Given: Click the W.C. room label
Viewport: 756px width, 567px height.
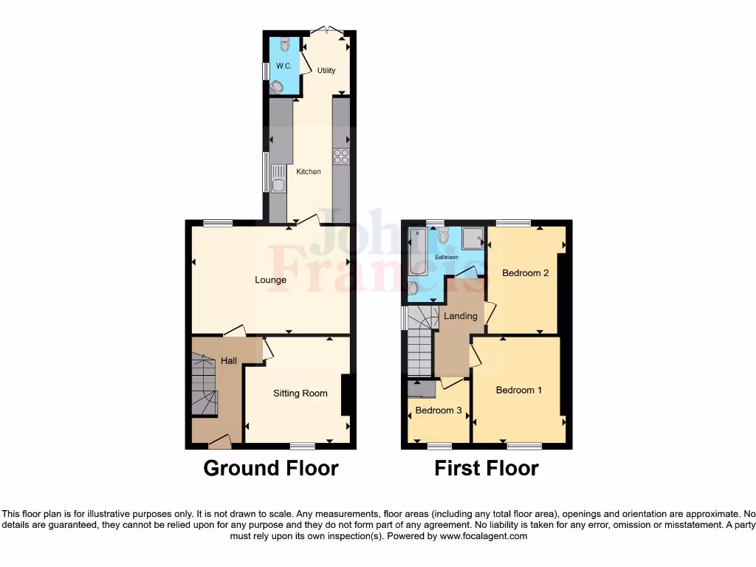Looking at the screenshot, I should pyautogui.click(x=283, y=66).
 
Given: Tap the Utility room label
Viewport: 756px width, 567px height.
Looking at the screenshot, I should pyautogui.click(x=326, y=71).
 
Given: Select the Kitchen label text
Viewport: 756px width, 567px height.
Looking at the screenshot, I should pyautogui.click(x=309, y=172).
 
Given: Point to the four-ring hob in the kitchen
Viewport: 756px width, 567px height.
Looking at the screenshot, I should pyautogui.click(x=341, y=156).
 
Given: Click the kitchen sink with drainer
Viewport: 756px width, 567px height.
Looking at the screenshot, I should pyautogui.click(x=278, y=177).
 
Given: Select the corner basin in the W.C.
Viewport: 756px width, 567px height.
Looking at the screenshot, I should pyautogui.click(x=278, y=87).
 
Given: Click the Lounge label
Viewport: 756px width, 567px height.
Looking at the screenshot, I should pyautogui.click(x=270, y=280).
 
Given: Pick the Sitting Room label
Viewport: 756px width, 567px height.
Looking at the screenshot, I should pyautogui.click(x=300, y=394).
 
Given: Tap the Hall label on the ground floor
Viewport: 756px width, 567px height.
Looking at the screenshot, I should pyautogui.click(x=229, y=361).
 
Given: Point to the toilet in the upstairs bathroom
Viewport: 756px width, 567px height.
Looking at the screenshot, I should pyautogui.click(x=443, y=235).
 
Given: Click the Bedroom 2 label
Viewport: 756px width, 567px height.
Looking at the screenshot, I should pyautogui.click(x=525, y=273).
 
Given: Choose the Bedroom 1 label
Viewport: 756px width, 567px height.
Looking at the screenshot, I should pyautogui.click(x=518, y=390).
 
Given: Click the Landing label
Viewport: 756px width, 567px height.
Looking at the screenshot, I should pyautogui.click(x=460, y=316).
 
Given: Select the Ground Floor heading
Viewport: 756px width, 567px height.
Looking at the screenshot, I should pyautogui.click(x=270, y=468).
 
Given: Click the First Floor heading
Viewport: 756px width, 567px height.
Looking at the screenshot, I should pyautogui.click(x=486, y=468).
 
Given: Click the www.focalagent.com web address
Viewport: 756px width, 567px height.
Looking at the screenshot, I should pyautogui.click(x=484, y=536).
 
